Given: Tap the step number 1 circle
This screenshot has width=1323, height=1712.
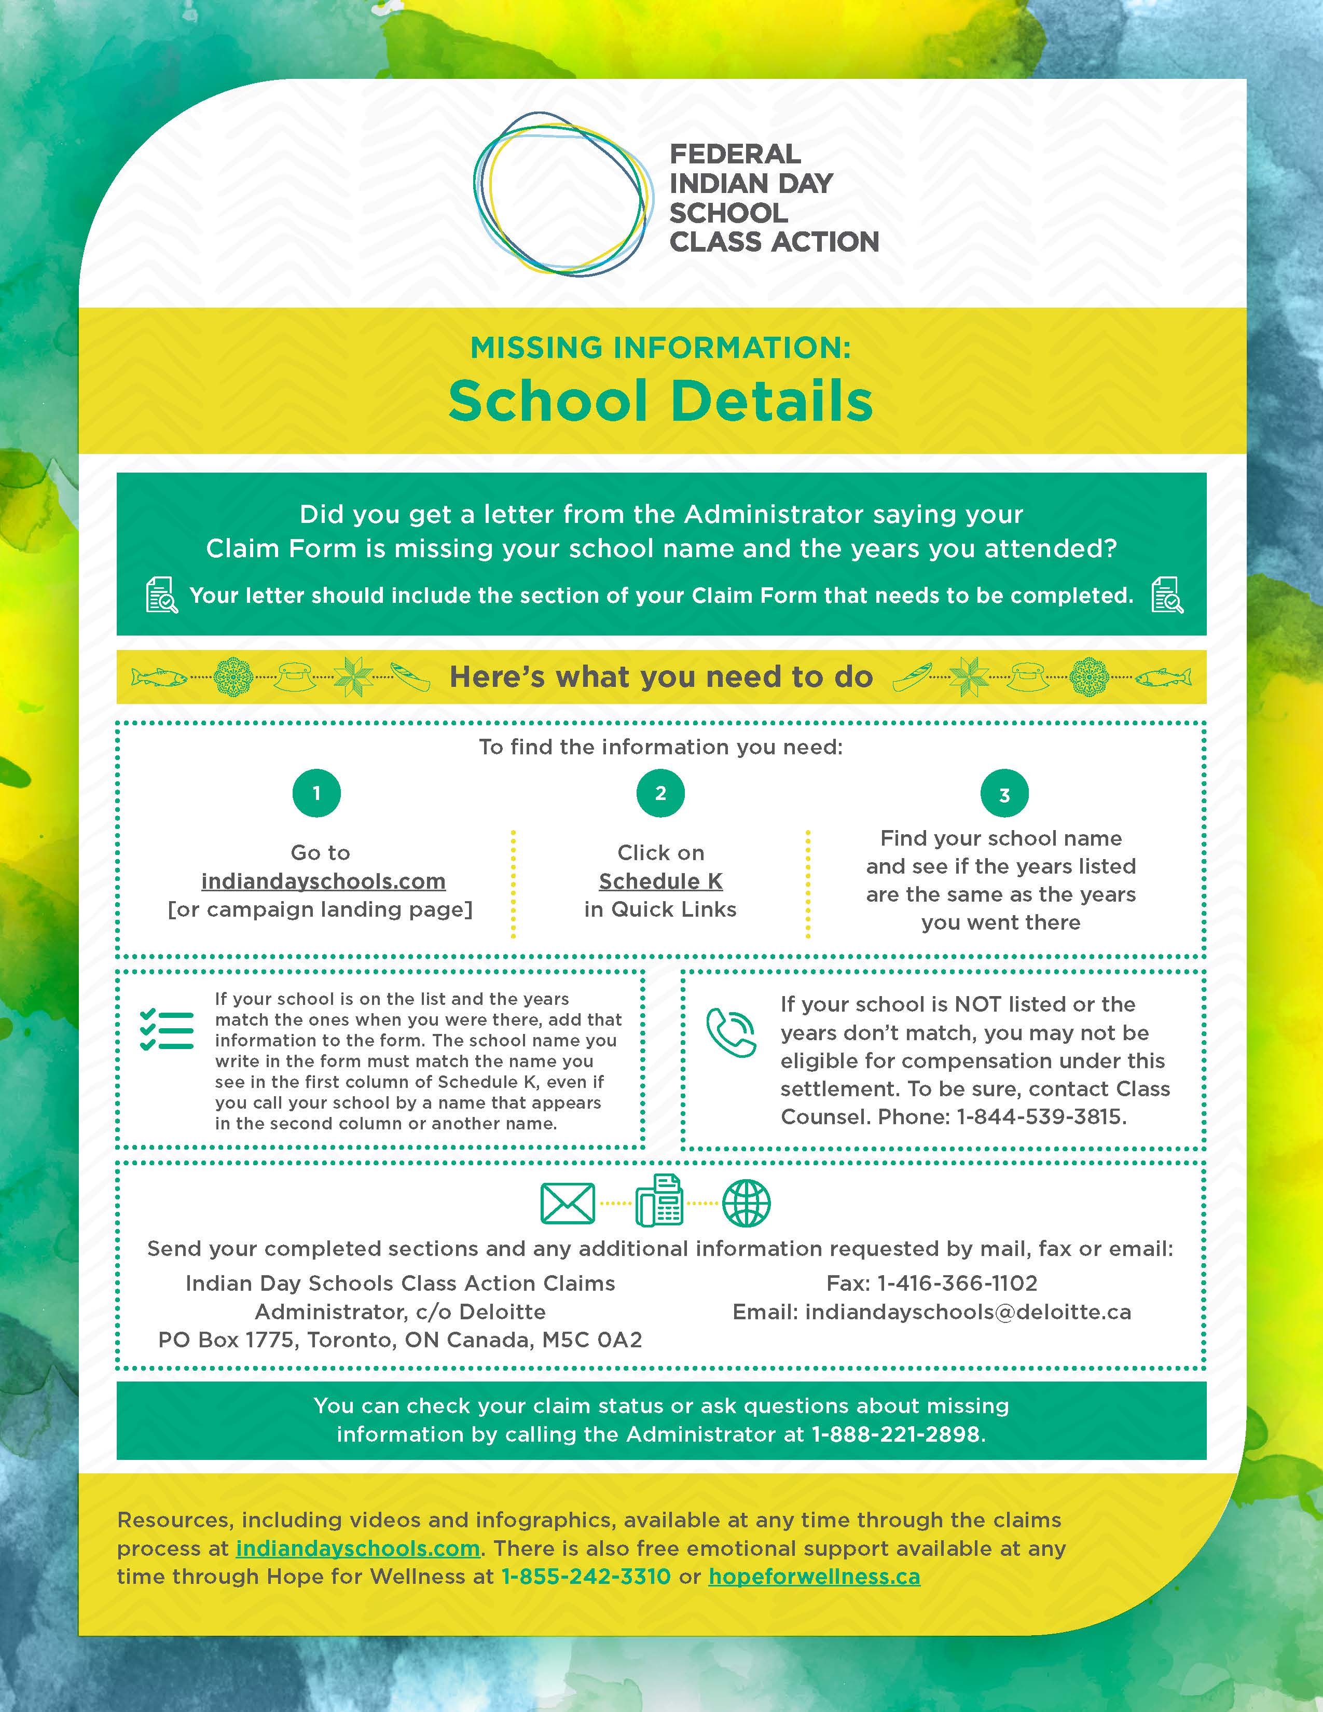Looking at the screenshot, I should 316,793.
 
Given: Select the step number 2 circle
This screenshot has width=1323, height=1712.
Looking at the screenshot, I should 660,793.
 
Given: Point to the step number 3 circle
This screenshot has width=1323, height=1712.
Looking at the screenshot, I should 1004,794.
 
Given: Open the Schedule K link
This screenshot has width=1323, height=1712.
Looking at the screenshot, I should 660,881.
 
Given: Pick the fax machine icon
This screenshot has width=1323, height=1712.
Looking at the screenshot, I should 659,1201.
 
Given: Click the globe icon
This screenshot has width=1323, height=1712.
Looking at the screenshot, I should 746,1203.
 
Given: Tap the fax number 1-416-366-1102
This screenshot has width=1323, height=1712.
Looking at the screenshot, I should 957,1283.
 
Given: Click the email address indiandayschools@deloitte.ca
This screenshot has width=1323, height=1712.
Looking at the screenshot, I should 968,1312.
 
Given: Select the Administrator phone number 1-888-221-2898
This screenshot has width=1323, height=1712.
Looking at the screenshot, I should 896,1434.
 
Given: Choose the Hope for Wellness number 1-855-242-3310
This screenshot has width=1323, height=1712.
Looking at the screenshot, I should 585,1577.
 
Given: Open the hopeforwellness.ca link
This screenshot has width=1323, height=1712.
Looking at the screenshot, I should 815,1577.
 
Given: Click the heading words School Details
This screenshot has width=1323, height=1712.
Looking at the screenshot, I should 660,401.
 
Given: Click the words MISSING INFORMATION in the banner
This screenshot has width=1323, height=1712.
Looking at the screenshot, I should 660,347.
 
